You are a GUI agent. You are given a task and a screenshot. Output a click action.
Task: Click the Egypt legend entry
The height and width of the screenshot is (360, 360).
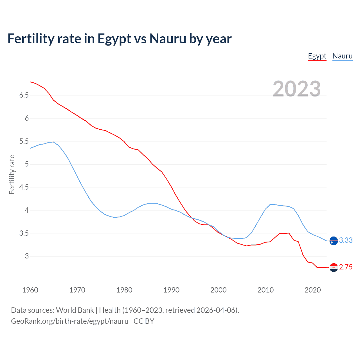point(317,56)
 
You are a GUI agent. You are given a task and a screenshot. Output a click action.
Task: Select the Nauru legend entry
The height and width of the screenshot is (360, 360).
point(342,56)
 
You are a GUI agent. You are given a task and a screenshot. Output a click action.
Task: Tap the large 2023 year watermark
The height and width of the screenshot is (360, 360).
point(296,89)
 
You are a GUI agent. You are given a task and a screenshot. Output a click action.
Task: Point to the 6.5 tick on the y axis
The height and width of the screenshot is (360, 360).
point(24,95)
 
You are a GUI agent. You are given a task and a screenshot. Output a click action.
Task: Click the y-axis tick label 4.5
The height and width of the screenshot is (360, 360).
point(24,187)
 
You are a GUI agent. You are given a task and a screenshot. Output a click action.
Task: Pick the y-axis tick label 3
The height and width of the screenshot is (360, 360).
point(27,256)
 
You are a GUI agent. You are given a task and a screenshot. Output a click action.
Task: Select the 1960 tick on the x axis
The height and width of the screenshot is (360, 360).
point(30,290)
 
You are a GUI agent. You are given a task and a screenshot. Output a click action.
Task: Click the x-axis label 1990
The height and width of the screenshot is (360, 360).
point(171,290)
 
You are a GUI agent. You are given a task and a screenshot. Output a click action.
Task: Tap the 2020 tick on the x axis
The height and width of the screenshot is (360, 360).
point(312,290)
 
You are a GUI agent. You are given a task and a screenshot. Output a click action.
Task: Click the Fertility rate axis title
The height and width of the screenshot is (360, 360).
point(12,174)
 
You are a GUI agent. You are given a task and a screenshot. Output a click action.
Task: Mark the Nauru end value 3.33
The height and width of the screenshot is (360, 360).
point(346,240)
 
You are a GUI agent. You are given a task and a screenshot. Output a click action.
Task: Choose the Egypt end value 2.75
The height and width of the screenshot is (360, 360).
point(346,267)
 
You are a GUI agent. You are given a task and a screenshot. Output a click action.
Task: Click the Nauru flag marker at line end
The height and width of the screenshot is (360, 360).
point(334,241)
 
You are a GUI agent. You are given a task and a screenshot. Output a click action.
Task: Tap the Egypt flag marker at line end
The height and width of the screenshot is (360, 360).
point(334,267)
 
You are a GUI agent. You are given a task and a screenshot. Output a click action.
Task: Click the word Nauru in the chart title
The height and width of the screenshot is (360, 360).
point(168,39)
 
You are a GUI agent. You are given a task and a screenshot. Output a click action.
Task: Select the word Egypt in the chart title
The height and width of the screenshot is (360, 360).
point(114,39)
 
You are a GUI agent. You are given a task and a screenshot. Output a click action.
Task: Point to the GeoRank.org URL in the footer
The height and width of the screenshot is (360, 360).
point(69,321)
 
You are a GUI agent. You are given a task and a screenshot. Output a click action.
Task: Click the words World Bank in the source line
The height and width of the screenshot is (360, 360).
point(75,310)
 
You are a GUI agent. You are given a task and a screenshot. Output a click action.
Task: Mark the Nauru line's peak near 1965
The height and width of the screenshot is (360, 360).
point(53,142)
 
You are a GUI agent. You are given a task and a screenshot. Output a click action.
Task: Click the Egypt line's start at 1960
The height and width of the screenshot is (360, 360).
point(30,82)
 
